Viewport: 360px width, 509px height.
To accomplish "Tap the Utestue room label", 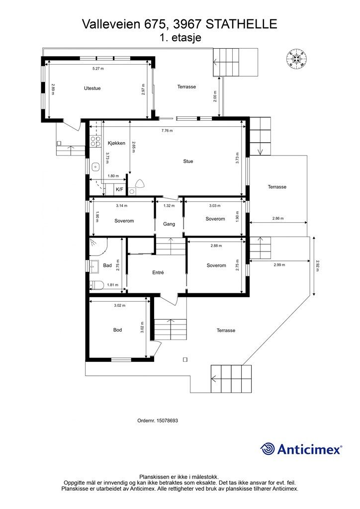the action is click(x=92, y=88).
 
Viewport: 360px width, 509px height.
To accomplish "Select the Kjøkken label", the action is click(x=116, y=143).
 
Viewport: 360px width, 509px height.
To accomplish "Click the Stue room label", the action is click(x=188, y=162).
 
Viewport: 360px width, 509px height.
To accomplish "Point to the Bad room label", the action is click(x=107, y=265).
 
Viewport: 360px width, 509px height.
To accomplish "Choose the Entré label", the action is click(x=158, y=273).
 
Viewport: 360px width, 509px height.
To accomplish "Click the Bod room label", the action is click(x=117, y=330).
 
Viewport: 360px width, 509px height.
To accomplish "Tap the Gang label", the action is click(x=169, y=224).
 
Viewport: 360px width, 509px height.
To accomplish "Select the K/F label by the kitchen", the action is click(x=119, y=189).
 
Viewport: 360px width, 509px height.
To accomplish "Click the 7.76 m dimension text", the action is click(x=167, y=131).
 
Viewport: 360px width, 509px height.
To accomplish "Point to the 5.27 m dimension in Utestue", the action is click(x=98, y=69).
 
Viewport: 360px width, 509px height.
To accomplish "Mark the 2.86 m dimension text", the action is click(x=278, y=219).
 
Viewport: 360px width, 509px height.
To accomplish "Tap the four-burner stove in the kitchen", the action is click(x=95, y=141).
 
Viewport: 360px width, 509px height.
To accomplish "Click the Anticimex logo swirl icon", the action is click(x=268, y=449).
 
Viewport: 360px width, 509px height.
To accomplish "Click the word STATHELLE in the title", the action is click(x=242, y=24).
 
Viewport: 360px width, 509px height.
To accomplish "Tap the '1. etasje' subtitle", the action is click(x=180, y=37).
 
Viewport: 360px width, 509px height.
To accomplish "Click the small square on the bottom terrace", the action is click(x=185, y=359).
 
